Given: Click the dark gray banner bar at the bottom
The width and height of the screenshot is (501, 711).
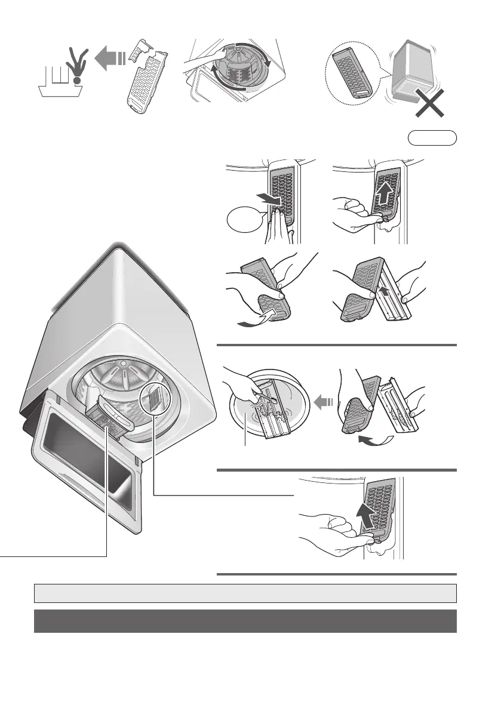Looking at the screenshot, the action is point(245,621).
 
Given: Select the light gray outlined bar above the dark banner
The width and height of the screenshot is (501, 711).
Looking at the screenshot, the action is point(245,593).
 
